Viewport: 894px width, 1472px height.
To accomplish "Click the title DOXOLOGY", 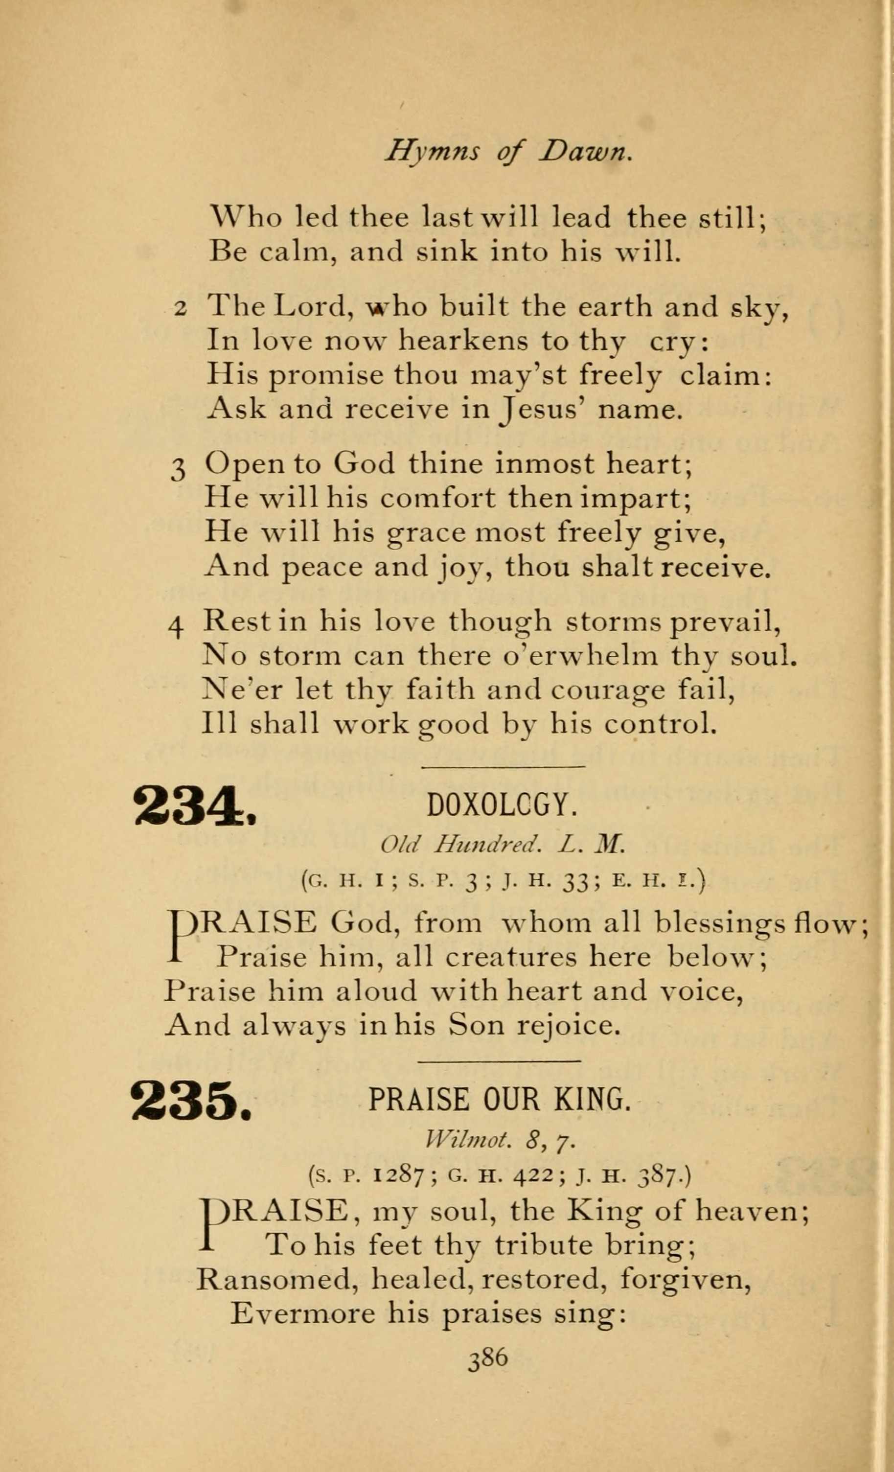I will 502,806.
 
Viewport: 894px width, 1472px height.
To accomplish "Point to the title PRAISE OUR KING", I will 500,1099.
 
